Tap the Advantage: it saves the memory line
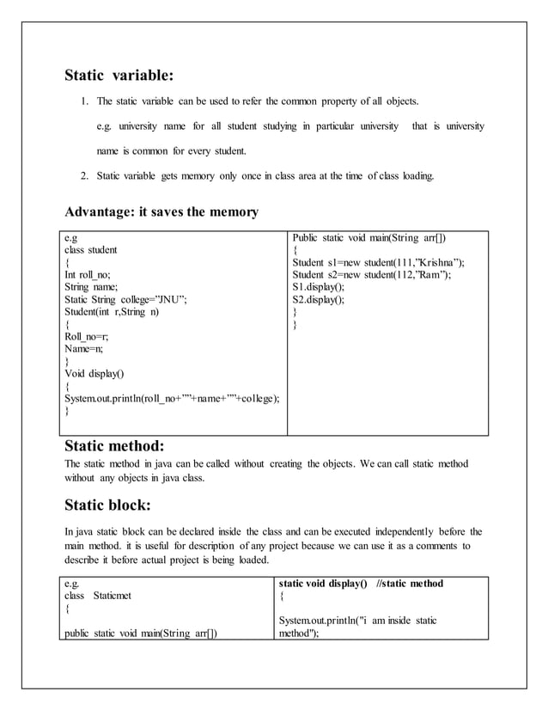click(x=161, y=212)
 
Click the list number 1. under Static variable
click(x=86, y=101)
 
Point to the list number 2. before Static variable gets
click(x=86, y=176)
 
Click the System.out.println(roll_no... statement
click(x=172, y=398)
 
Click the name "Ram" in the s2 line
click(x=430, y=275)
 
